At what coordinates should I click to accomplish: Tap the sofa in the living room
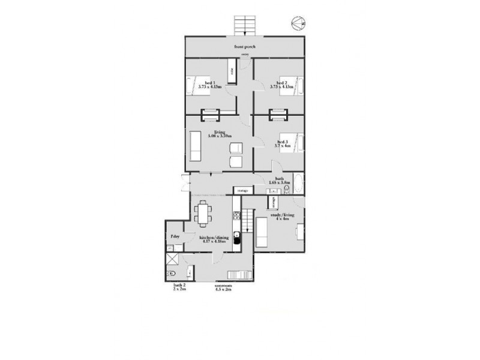pyautogui.click(x=194, y=147)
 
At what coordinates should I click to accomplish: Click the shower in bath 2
pyautogui.click(x=173, y=259)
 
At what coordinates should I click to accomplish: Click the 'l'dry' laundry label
pyautogui.click(x=175, y=237)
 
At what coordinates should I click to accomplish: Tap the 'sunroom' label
pyautogui.click(x=223, y=286)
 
